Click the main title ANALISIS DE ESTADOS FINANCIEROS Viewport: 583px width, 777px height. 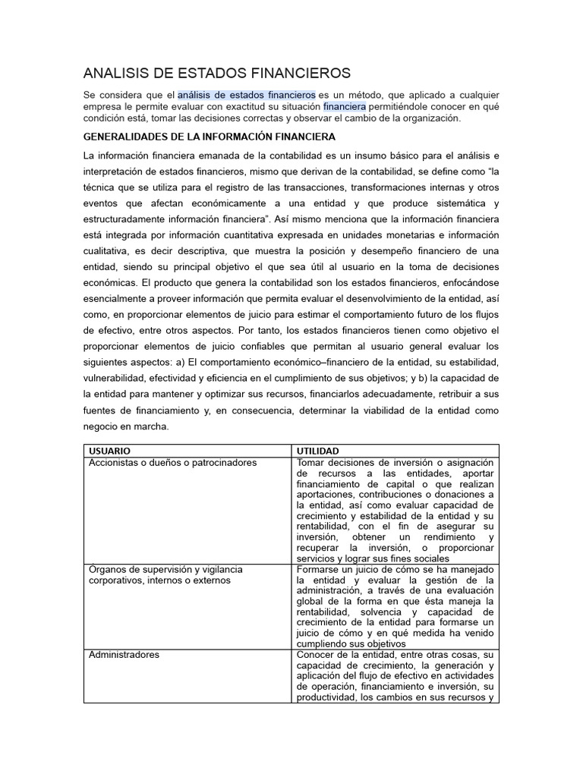217,73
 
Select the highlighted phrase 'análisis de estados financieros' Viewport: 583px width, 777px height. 247,95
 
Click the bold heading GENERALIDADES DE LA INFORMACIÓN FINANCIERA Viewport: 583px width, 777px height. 209,137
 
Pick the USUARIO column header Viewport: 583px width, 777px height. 110,451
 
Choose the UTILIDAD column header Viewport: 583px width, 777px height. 318,451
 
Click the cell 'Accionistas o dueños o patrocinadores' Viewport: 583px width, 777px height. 173,462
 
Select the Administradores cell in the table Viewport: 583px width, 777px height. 124,654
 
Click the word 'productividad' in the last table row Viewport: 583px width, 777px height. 327,697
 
